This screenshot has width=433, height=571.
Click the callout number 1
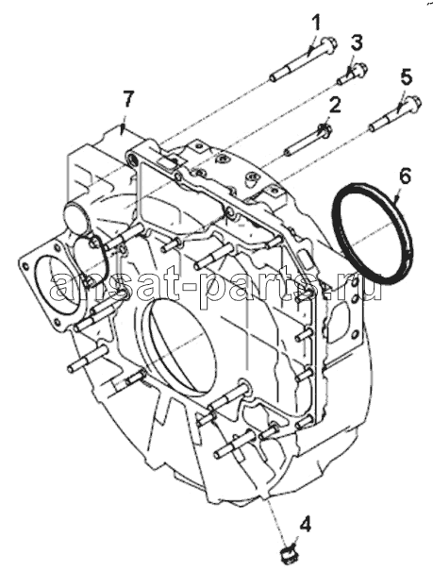pyautogui.click(x=317, y=23)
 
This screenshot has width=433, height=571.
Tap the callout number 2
pyautogui.click(x=334, y=106)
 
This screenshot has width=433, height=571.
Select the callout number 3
pyautogui.click(x=357, y=43)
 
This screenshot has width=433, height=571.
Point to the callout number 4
pyautogui.click(x=305, y=525)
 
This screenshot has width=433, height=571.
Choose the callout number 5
pyautogui.click(x=406, y=78)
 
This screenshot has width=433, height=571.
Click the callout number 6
pyautogui.click(x=404, y=177)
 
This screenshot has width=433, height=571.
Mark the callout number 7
pyautogui.click(x=127, y=99)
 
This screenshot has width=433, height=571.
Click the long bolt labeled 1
pyautogui.click(x=303, y=59)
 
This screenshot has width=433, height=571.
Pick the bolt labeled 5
pyautogui.click(x=394, y=113)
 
